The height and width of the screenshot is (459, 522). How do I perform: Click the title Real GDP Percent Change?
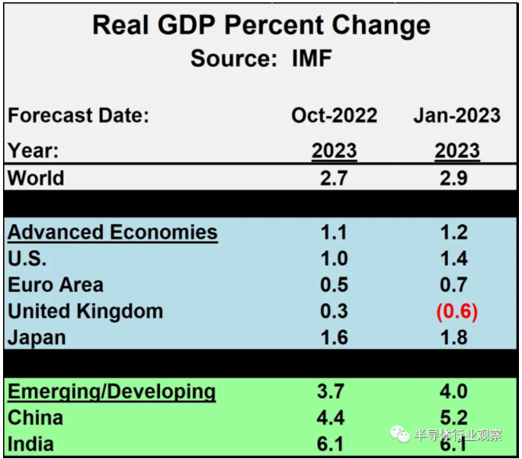click(261, 25)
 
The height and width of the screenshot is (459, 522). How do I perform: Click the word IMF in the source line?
click(312, 59)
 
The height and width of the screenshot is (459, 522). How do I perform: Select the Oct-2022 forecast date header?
click(334, 116)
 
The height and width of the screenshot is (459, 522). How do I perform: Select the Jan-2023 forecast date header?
click(456, 116)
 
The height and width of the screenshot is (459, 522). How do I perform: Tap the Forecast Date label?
click(78, 117)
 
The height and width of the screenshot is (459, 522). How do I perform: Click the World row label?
click(36, 178)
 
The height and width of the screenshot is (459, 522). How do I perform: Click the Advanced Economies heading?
click(112, 233)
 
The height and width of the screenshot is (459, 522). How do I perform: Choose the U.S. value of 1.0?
click(334, 259)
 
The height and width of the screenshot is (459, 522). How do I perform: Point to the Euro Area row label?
click(55, 285)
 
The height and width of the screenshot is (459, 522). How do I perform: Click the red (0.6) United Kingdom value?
click(456, 312)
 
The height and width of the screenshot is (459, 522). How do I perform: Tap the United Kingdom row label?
click(85, 312)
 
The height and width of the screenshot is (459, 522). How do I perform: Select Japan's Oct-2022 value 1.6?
click(334, 338)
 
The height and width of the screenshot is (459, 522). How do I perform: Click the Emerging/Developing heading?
click(111, 392)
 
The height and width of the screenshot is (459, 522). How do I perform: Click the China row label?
click(35, 418)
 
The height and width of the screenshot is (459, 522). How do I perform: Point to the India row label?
click(31, 444)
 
